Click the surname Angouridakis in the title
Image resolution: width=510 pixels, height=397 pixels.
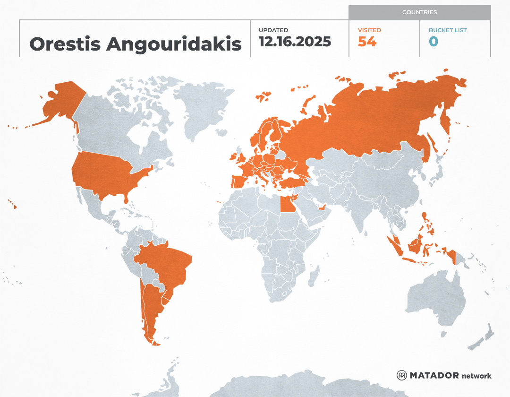point(174,44)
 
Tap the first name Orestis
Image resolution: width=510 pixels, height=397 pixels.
point(65,44)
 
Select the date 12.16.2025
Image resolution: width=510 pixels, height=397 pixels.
point(295,42)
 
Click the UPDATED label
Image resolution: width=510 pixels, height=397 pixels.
point(273,30)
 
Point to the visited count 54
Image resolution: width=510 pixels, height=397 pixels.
point(367,42)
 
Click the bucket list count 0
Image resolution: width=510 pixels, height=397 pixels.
point(433,42)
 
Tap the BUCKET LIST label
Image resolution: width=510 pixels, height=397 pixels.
point(447,30)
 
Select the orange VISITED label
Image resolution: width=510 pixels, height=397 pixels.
point(369,30)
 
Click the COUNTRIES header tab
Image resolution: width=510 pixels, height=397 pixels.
point(419,12)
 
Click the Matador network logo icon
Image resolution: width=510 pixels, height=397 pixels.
point(401,375)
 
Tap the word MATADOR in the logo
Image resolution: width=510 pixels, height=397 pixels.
point(434,376)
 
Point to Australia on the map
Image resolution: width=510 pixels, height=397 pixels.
point(434,298)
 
